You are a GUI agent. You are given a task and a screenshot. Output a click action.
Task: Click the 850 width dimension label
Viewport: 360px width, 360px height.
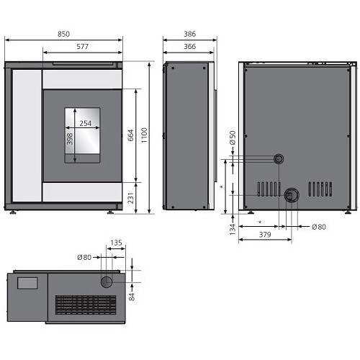pyautogui.click(x=63, y=34)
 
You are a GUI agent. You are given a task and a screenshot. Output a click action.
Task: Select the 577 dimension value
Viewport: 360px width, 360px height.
pyautogui.click(x=83, y=46)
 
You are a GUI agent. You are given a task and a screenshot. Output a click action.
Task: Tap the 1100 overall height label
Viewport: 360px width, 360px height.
pyautogui.click(x=144, y=135)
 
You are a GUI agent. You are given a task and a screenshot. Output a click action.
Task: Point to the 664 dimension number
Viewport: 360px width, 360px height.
pyautogui.click(x=131, y=135)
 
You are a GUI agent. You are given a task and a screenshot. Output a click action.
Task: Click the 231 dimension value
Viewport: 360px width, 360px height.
pyautogui.click(x=130, y=198)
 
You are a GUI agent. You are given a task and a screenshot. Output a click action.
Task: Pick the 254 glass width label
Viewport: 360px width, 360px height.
pyautogui.click(x=86, y=123)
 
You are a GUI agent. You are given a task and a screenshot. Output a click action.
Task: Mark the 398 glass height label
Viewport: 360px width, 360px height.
pyautogui.click(x=69, y=139)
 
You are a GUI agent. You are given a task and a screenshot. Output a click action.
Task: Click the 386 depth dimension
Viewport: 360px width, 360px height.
pyautogui.click(x=190, y=34)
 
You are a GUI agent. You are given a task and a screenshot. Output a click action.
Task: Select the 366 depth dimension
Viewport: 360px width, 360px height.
pyautogui.click(x=190, y=46)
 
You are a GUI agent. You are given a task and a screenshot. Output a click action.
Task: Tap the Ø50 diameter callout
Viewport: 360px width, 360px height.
pyautogui.click(x=233, y=138)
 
